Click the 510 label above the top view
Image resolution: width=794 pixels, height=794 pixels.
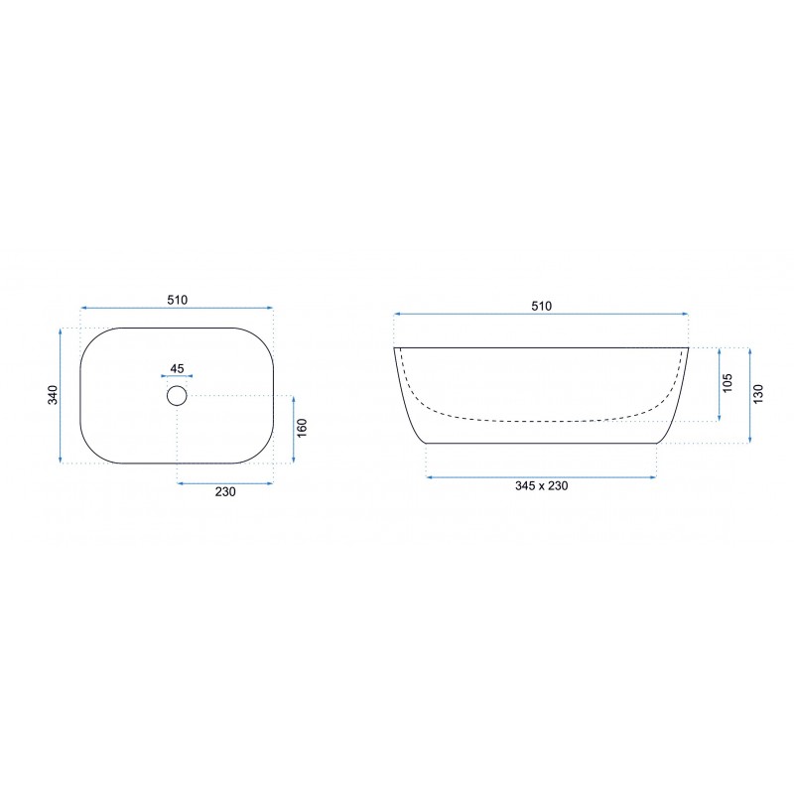pos(178,300)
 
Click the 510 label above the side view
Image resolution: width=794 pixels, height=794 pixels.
pos(541,306)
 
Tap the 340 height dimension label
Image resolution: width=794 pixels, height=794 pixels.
pos(54,395)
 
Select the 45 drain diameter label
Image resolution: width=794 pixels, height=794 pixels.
pos(177,368)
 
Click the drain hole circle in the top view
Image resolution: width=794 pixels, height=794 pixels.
pos(177,386)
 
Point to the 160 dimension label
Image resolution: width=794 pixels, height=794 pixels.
pos(302,429)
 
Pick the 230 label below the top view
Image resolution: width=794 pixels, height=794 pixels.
pos(225,491)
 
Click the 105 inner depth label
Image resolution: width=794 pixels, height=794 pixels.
pos(728,383)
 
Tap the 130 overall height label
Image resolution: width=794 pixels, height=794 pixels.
pos(758,394)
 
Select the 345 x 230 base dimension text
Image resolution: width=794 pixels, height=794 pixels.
pos(541,485)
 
